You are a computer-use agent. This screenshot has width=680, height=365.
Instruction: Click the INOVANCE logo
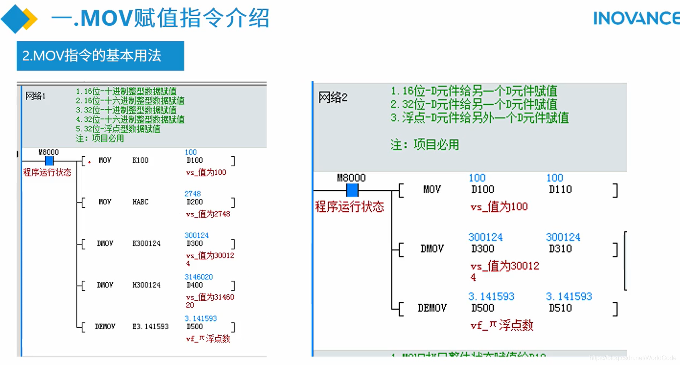tap(636, 18)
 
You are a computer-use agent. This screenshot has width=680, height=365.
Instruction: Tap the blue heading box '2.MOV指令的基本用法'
tap(100, 56)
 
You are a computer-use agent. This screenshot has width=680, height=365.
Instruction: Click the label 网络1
tap(35, 96)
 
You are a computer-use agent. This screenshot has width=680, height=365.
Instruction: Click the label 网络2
tap(333, 98)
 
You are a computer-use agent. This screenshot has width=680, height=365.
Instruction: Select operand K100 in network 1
tap(140, 161)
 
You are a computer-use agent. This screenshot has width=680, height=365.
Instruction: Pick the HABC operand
tap(140, 202)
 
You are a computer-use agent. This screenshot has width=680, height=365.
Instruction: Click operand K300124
tap(146, 244)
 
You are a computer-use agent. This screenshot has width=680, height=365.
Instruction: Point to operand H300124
tap(146, 285)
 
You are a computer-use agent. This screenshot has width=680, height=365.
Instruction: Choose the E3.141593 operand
tap(151, 327)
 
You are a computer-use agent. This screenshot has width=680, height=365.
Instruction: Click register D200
tap(194, 202)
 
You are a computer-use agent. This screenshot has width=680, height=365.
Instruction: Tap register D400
tap(194, 285)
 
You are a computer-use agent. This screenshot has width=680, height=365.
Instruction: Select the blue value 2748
tap(193, 194)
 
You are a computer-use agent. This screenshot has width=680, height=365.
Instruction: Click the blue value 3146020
tap(198, 277)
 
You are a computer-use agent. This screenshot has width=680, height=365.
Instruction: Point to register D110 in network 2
tap(560, 189)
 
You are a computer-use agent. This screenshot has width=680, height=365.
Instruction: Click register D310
tap(560, 249)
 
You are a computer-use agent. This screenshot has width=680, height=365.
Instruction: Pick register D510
tap(560, 308)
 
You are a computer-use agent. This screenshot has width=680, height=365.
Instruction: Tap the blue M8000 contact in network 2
tap(352, 190)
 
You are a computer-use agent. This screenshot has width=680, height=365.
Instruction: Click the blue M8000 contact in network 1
tap(49, 161)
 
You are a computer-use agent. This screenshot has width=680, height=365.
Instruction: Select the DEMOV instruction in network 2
tap(432, 308)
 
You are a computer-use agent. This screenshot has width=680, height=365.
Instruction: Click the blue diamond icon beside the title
tap(15, 19)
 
